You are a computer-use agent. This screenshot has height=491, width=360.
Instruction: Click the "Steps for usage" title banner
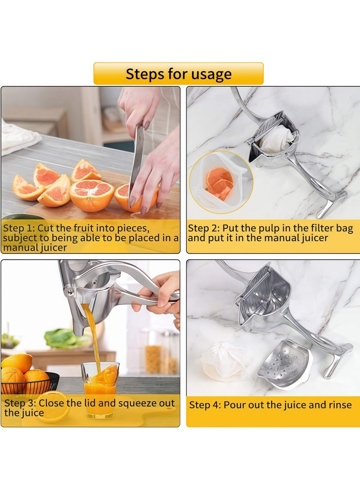click(x=179, y=74)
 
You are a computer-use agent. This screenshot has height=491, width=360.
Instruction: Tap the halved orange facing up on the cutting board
click(x=92, y=196)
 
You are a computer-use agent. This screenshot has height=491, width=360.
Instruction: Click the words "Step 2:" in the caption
click(x=204, y=228)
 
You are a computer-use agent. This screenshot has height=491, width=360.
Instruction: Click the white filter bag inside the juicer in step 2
click(x=276, y=139)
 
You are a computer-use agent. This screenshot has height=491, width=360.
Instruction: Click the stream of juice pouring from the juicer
click(x=93, y=338)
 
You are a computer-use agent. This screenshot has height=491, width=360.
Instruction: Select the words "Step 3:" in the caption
click(x=20, y=403)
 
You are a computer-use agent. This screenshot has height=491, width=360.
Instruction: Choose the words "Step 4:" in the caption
click(x=205, y=405)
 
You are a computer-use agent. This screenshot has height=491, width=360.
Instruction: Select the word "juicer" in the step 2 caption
click(x=314, y=238)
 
